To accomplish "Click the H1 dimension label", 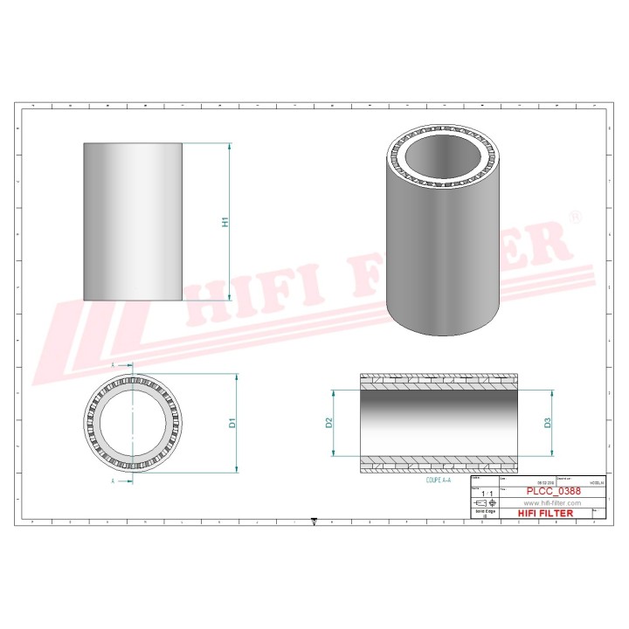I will pyautogui.click(x=225, y=222).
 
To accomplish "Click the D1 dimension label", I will pyautogui.click(x=232, y=424).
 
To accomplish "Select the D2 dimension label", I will pyautogui.click(x=328, y=423).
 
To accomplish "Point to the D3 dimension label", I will pyautogui.click(x=548, y=423).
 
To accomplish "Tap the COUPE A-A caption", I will pyautogui.click(x=439, y=480).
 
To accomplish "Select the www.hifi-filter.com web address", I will pyautogui.click(x=551, y=503).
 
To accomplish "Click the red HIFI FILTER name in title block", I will pyautogui.click(x=546, y=514).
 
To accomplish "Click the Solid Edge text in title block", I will pyautogui.click(x=484, y=513).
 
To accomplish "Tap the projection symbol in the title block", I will pyautogui.click(x=484, y=503).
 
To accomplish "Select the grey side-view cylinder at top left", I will pyautogui.click(x=133, y=222).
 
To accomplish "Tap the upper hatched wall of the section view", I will pyautogui.click(x=439, y=380).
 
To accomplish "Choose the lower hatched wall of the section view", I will pyautogui.click(x=439, y=466).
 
